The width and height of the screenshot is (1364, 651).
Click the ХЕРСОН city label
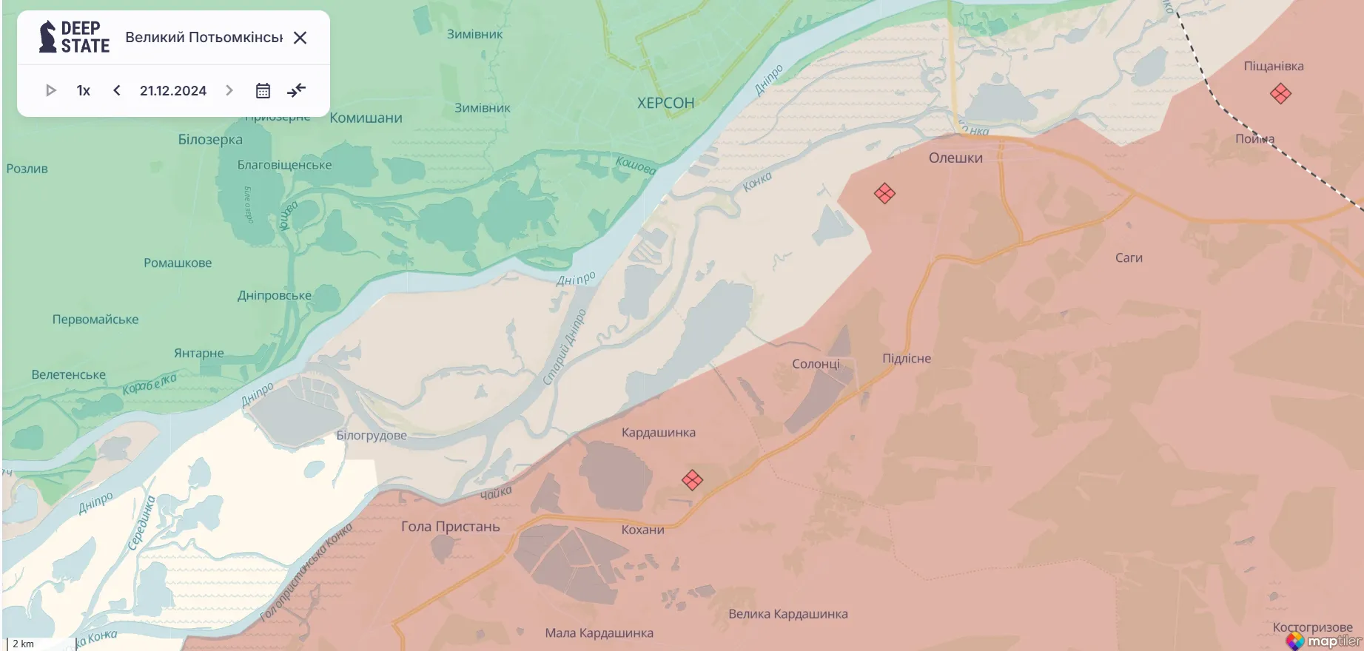coord(665,103)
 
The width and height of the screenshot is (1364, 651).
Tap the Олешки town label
coord(955,158)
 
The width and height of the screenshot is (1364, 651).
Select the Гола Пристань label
coord(450,527)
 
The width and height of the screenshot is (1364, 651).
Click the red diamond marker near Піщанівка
coord(1280,94)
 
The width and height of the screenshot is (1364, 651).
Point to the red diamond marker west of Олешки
coord(884,194)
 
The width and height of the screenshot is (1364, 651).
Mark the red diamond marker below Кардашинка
coord(692,480)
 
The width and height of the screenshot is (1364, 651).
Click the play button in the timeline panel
coord(51,90)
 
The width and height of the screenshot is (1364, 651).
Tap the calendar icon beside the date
coord(263,90)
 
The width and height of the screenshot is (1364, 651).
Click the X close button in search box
coord(300,38)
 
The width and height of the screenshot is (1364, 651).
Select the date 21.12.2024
coord(173,90)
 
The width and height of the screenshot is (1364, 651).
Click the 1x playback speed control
coord(83,90)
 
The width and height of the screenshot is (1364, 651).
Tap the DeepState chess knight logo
coord(48,36)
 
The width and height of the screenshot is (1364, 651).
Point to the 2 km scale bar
coord(41,644)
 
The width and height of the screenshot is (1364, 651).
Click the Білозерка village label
coord(210,139)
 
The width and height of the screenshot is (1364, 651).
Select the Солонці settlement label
coord(816,364)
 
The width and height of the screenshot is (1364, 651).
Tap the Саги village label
coord(1129,257)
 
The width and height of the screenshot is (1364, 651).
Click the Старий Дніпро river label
coord(564,347)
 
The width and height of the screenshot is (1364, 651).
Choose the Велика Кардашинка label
coord(787,614)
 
